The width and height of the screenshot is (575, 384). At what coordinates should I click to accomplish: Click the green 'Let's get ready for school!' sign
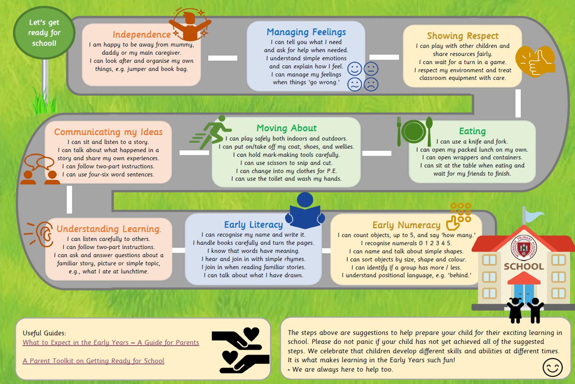44,33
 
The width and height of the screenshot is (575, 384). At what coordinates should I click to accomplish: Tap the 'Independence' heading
141,35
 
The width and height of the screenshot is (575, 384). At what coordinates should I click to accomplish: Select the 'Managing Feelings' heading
306,32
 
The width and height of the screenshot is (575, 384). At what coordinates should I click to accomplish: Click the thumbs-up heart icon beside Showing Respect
535,61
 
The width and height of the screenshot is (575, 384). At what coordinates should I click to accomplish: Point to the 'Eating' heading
472,131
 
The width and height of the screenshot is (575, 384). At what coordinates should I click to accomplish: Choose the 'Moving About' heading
287,128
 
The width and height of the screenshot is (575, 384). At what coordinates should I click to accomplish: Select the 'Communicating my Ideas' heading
108,132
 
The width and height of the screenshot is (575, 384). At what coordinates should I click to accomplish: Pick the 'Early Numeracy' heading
406,225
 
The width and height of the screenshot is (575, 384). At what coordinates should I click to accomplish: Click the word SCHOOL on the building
523,267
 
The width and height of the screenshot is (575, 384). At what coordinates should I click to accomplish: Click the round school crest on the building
523,249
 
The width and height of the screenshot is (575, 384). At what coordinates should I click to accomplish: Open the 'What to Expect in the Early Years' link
111,343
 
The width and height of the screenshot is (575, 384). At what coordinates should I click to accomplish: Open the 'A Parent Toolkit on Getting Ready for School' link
93,361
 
